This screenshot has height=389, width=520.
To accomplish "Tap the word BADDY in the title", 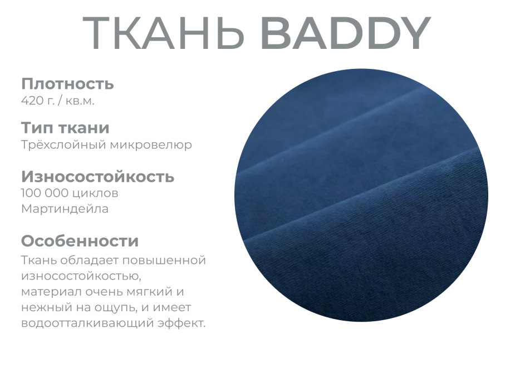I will (x=345, y=33).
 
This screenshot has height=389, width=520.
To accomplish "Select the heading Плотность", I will (x=67, y=84).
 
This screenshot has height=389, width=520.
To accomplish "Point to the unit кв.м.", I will (x=79, y=101).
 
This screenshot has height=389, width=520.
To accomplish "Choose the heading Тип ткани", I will (x=65, y=128).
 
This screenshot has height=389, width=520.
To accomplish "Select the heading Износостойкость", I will (x=97, y=177).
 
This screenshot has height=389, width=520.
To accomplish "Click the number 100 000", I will (x=46, y=193).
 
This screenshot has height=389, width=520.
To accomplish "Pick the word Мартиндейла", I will (x=65, y=209).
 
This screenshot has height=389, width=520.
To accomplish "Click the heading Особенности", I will (x=80, y=241).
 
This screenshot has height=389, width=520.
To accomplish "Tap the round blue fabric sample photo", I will (x=361, y=194).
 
